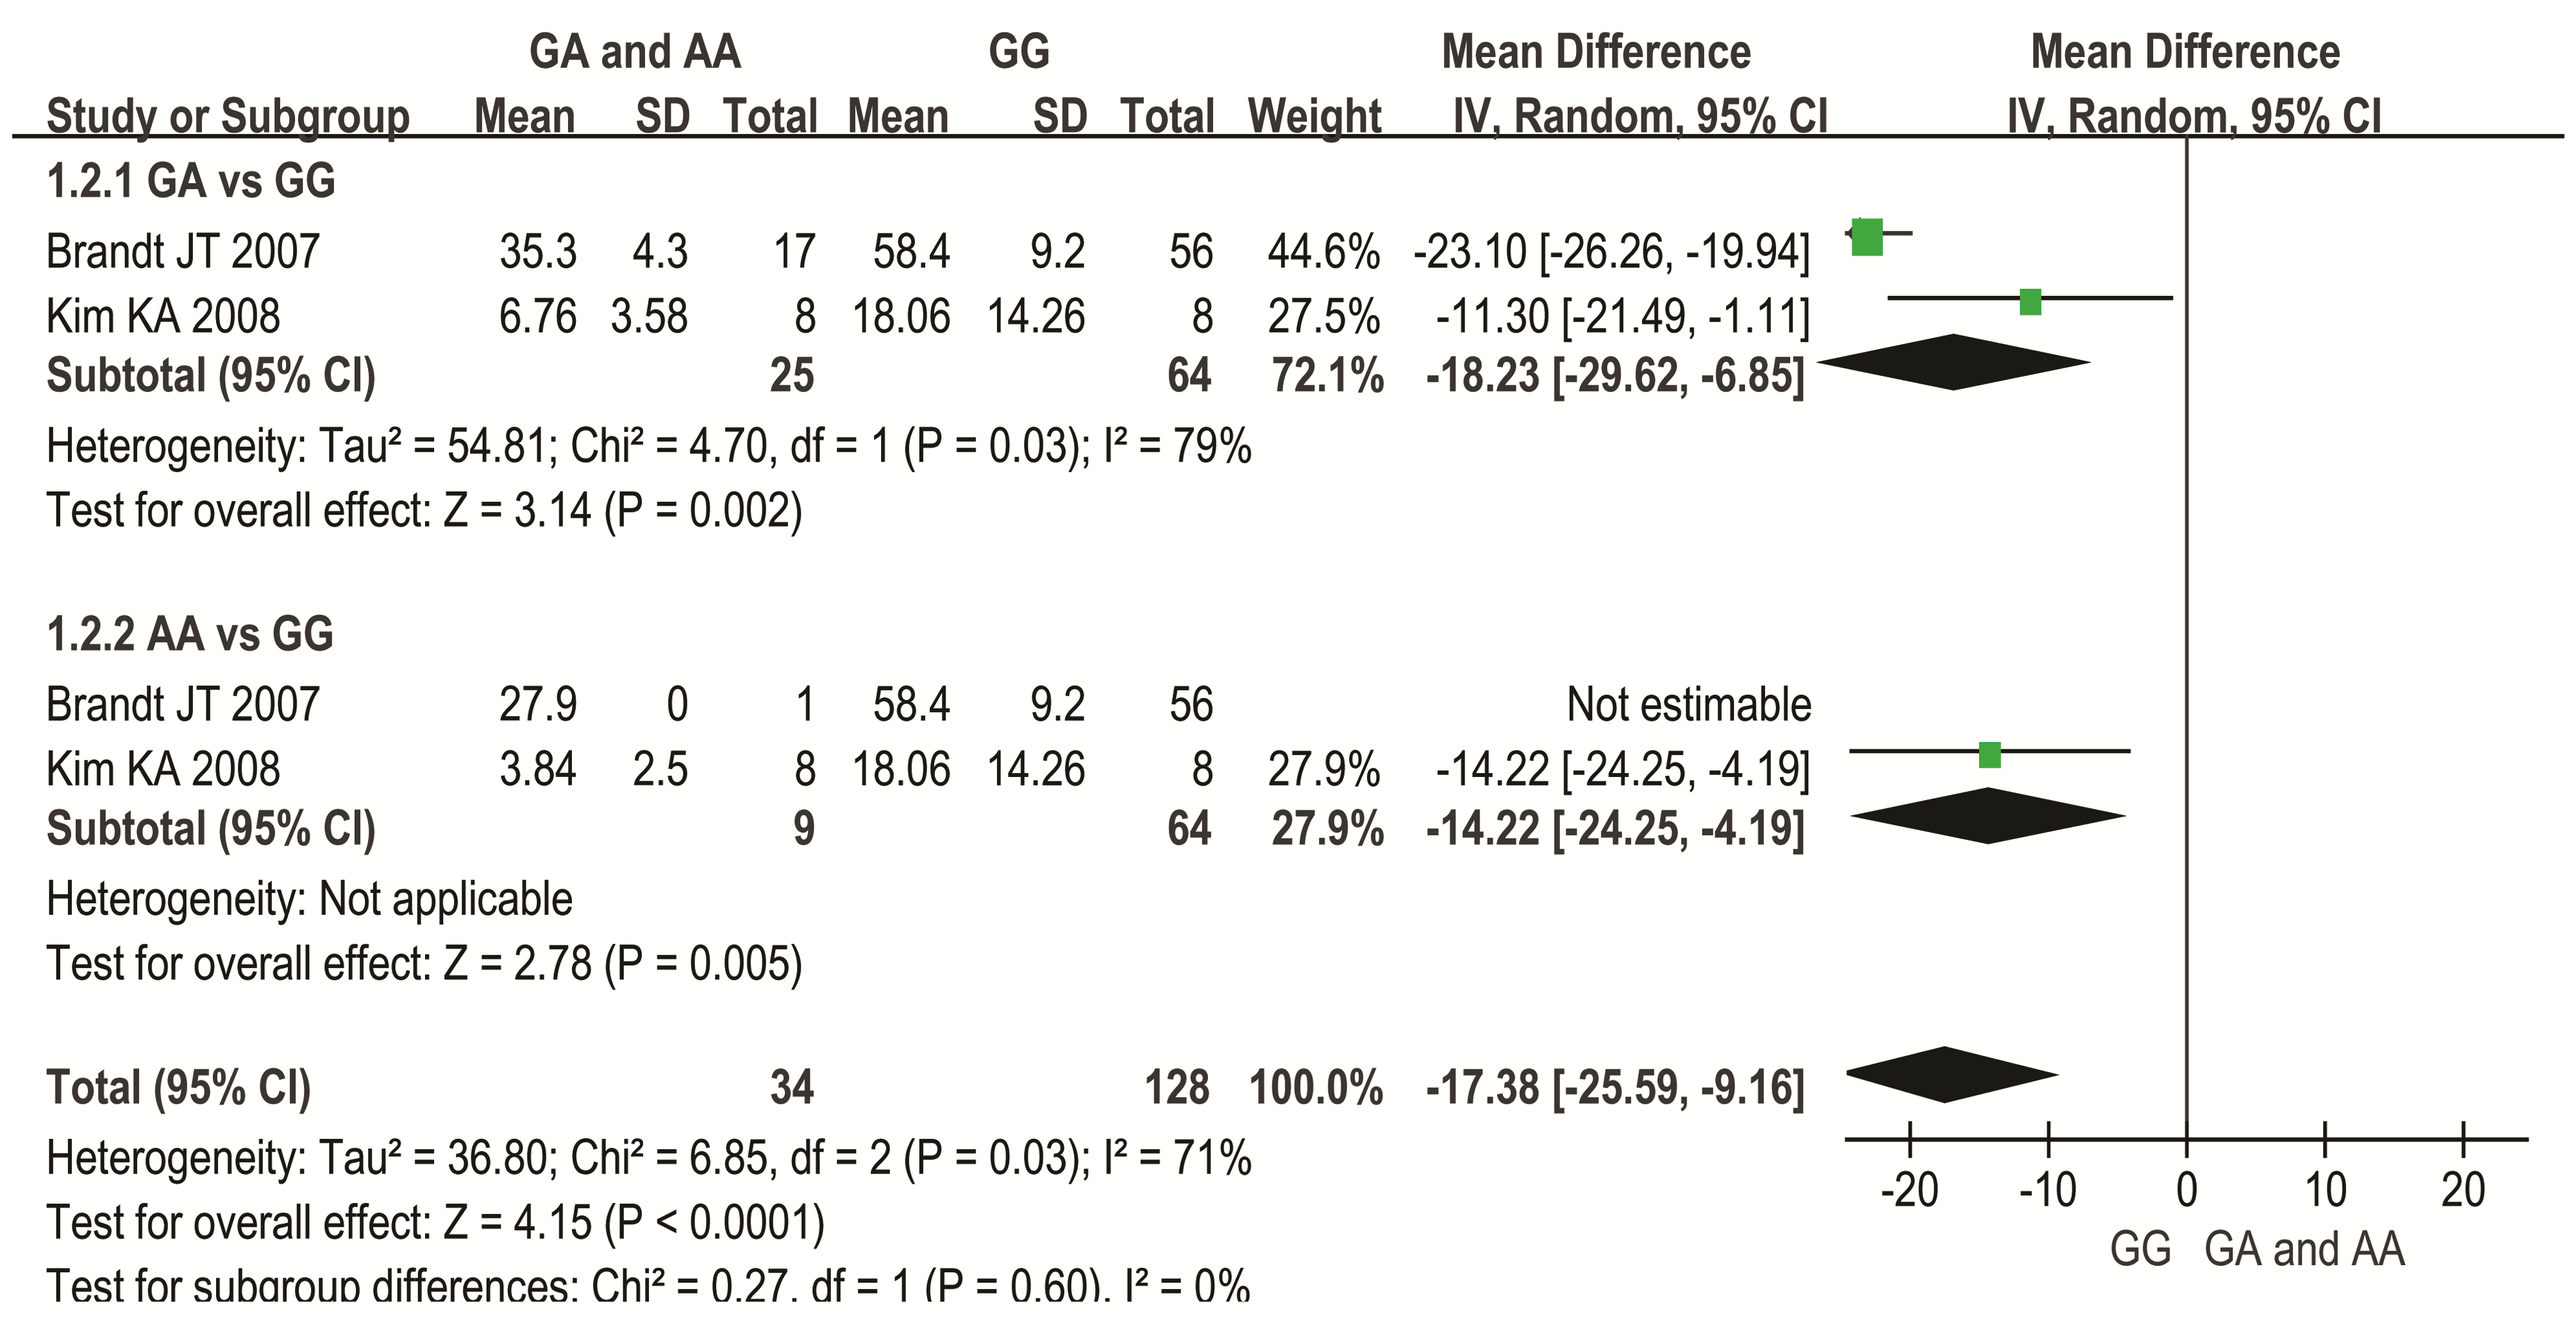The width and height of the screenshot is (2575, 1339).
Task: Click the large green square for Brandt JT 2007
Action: tap(1866, 237)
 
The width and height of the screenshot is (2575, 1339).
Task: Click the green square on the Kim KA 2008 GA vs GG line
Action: tap(2029, 301)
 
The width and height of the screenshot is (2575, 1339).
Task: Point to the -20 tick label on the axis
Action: tap(1909, 1190)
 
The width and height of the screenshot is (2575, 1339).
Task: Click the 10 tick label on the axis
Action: tap(2325, 1190)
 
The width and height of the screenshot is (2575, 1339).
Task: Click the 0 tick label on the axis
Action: tap(2187, 1190)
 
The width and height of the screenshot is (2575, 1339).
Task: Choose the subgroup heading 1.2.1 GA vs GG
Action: tap(191, 181)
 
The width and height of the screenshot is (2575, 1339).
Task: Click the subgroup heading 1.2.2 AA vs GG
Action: tap(190, 634)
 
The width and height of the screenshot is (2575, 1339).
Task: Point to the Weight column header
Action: tap(1314, 116)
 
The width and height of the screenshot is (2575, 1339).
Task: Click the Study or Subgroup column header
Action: tap(228, 116)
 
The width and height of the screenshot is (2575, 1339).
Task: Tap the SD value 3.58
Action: tap(649, 317)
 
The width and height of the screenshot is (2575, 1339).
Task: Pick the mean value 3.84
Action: tap(538, 770)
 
